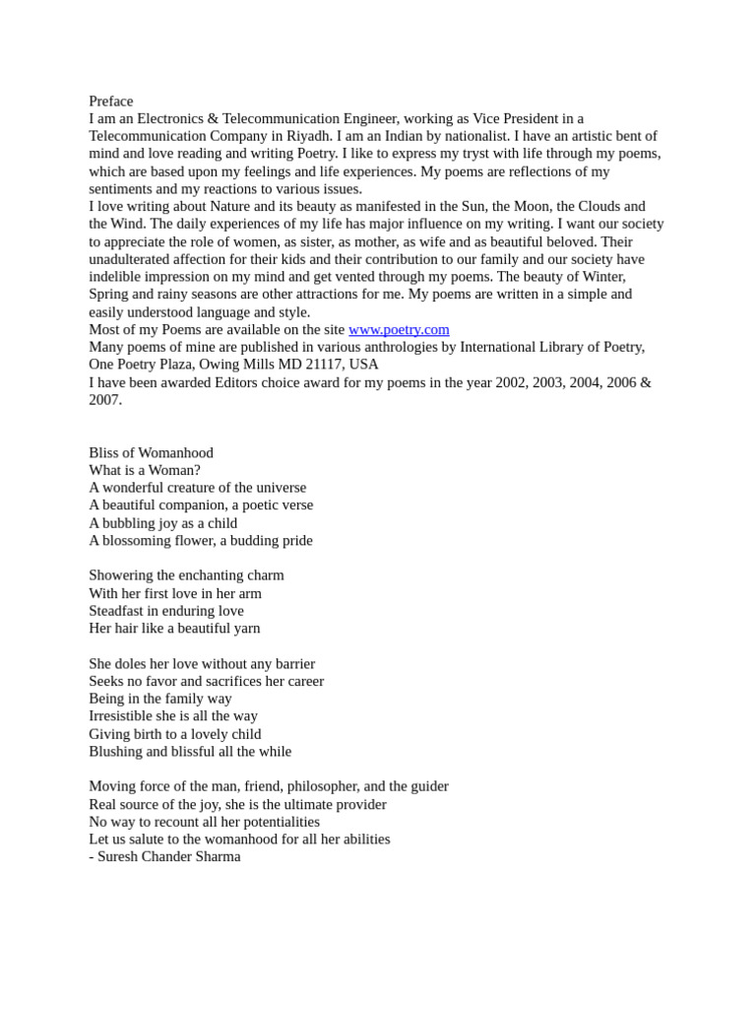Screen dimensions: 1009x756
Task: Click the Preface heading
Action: pos(110,101)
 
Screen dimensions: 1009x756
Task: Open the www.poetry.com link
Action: pos(399,329)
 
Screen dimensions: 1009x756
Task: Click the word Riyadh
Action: pos(361,136)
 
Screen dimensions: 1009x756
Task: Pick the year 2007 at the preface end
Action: pos(104,400)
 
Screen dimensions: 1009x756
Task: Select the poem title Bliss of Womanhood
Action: pos(151,452)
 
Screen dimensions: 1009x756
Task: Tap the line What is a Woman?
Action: pos(144,470)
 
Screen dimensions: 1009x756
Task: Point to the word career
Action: pos(301,681)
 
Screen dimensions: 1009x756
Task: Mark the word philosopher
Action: pos(324,786)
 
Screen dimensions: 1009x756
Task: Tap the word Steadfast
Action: pos(118,611)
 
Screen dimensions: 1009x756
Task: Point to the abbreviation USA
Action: pos(365,365)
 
